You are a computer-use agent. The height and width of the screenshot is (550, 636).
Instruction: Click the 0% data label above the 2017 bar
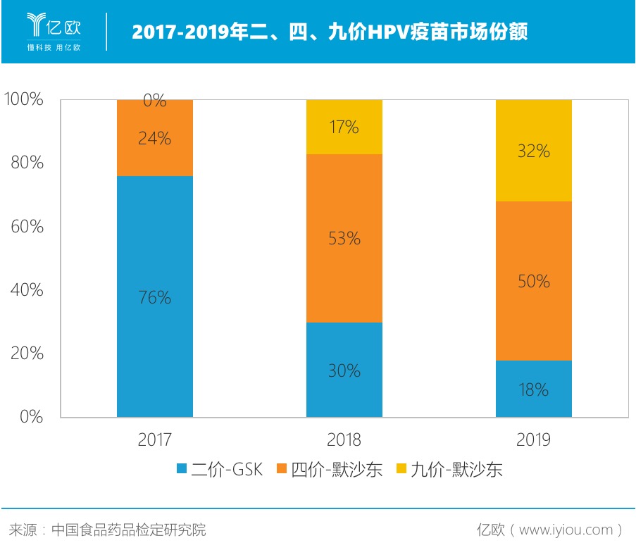point(155,101)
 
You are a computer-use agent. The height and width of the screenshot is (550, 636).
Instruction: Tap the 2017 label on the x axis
point(155,440)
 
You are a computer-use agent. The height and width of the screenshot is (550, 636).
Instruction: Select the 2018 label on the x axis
point(344,440)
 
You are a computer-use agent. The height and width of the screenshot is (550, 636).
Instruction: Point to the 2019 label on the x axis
point(534,440)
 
